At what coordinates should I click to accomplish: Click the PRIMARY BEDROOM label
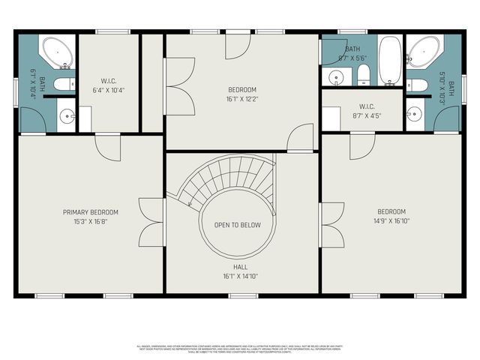click(x=90, y=212)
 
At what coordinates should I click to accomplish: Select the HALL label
click(x=241, y=266)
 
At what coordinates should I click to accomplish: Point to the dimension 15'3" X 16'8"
click(x=90, y=222)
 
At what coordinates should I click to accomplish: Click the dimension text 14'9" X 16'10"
click(x=391, y=222)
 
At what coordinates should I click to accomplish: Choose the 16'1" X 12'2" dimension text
click(x=241, y=99)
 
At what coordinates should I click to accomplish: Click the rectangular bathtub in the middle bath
click(x=390, y=60)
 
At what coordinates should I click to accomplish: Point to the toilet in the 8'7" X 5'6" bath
click(x=364, y=74)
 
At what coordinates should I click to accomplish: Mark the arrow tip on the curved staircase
click(x=190, y=204)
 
